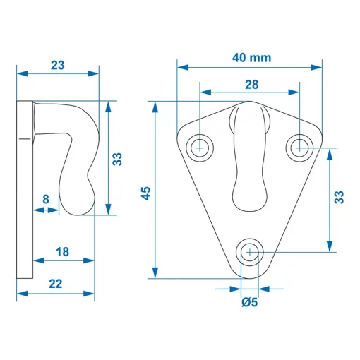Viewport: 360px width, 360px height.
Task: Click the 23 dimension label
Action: (x=58, y=65)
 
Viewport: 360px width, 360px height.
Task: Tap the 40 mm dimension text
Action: (x=251, y=59)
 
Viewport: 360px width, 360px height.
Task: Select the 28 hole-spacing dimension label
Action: (x=251, y=83)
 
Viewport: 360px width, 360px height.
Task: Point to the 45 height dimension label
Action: (x=145, y=193)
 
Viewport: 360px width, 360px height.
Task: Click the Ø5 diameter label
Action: (x=249, y=303)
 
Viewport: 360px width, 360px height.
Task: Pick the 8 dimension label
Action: (x=47, y=199)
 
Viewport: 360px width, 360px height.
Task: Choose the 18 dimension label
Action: (x=61, y=251)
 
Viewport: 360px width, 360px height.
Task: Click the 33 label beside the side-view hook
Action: (x=118, y=160)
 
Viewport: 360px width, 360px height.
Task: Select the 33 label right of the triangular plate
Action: (x=340, y=197)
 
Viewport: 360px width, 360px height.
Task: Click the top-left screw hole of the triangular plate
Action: (x=200, y=147)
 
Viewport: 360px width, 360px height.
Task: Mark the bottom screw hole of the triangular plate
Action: (x=249, y=252)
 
